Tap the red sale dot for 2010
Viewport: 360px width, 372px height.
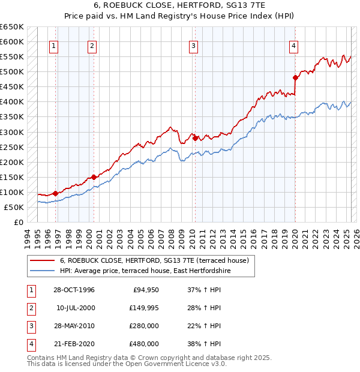pyautogui.click(x=196, y=138)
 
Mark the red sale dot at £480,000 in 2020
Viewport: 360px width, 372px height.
pyautogui.click(x=295, y=77)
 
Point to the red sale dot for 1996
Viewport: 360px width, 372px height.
pyautogui.click(x=56, y=193)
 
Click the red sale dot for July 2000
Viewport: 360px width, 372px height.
pyautogui.click(x=94, y=177)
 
